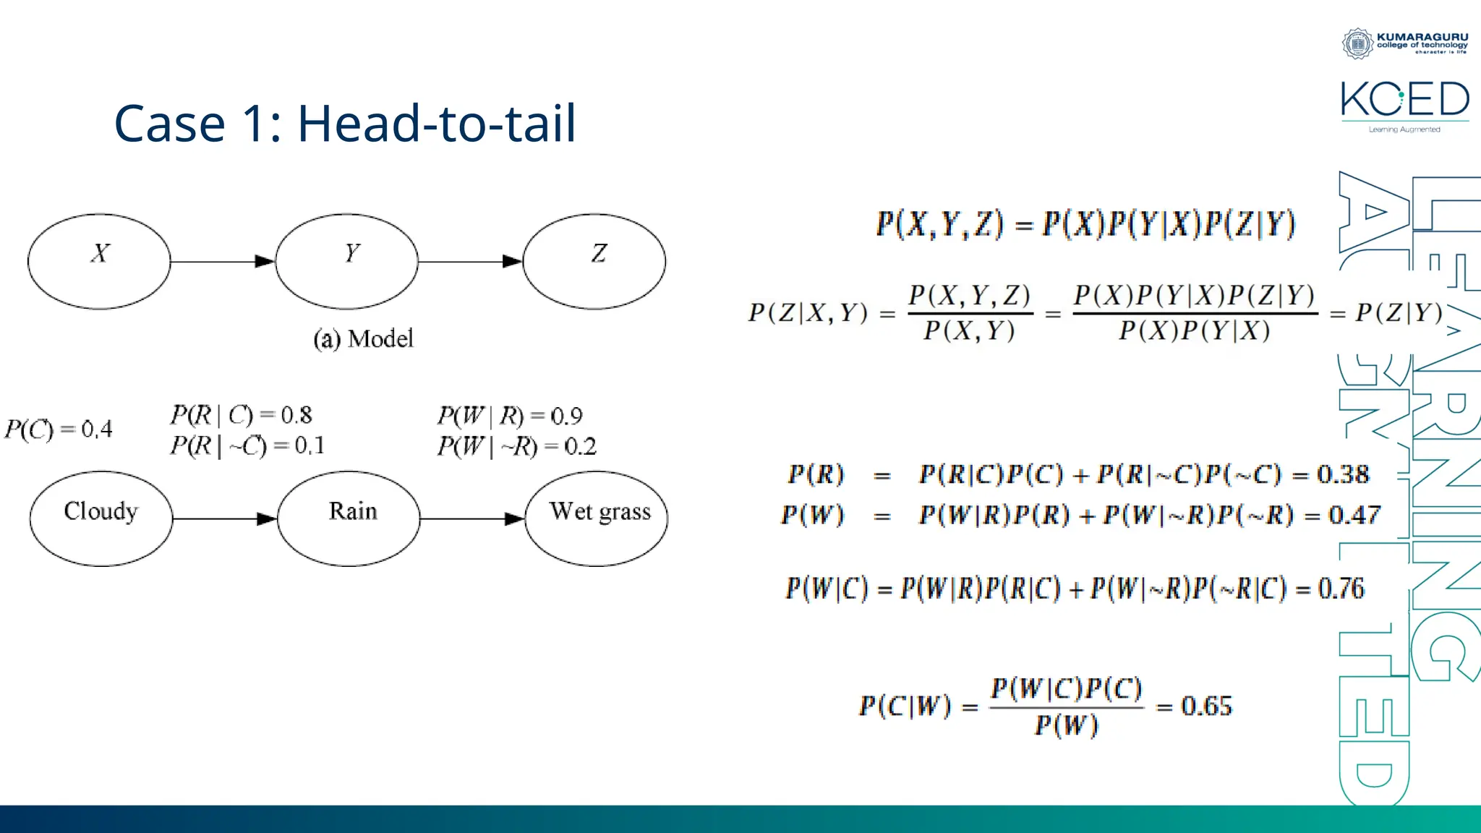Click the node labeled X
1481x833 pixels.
[99, 261]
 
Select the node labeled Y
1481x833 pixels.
[347, 261]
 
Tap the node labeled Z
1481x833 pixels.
[594, 261]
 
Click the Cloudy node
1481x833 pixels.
[101, 518]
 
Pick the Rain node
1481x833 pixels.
[349, 518]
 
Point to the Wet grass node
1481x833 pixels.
[597, 518]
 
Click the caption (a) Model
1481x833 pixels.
[363, 338]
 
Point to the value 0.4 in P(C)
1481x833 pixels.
[96, 430]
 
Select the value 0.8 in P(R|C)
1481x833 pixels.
[296, 415]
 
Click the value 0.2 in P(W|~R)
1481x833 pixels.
[580, 446]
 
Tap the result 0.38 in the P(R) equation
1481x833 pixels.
[1343, 474]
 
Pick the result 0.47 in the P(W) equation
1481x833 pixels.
[1354, 515]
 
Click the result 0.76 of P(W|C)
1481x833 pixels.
[1341, 589]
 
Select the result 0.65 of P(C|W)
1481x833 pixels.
[1206, 706]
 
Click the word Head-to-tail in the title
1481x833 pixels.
[437, 123]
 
